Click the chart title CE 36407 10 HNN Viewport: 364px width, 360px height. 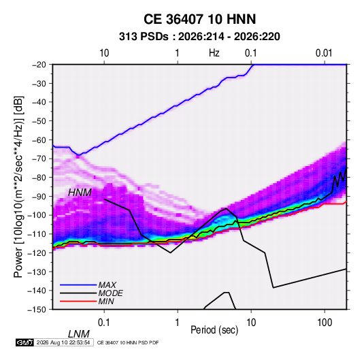[199, 19]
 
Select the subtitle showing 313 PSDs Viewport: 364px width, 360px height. [199, 37]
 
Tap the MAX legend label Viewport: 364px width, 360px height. [107, 285]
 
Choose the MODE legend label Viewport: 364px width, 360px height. [110, 293]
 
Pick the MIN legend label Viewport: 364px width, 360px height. [106, 301]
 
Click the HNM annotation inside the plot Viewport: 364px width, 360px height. [80, 193]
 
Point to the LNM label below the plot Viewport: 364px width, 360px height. [78, 334]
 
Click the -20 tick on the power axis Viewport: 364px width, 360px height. [39, 65]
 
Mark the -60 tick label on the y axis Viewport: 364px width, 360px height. [39, 140]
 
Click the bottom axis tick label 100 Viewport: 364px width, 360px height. [325, 323]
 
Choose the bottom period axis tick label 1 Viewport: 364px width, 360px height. [178, 323]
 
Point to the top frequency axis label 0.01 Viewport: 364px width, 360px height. [324, 53]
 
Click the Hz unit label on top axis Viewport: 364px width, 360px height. [214, 53]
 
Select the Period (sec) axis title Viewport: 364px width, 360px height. [214, 330]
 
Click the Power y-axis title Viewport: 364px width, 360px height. [18, 186]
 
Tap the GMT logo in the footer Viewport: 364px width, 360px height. [24, 342]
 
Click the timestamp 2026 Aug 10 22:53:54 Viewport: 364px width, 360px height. [63, 342]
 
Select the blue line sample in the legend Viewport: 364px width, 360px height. [78, 285]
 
